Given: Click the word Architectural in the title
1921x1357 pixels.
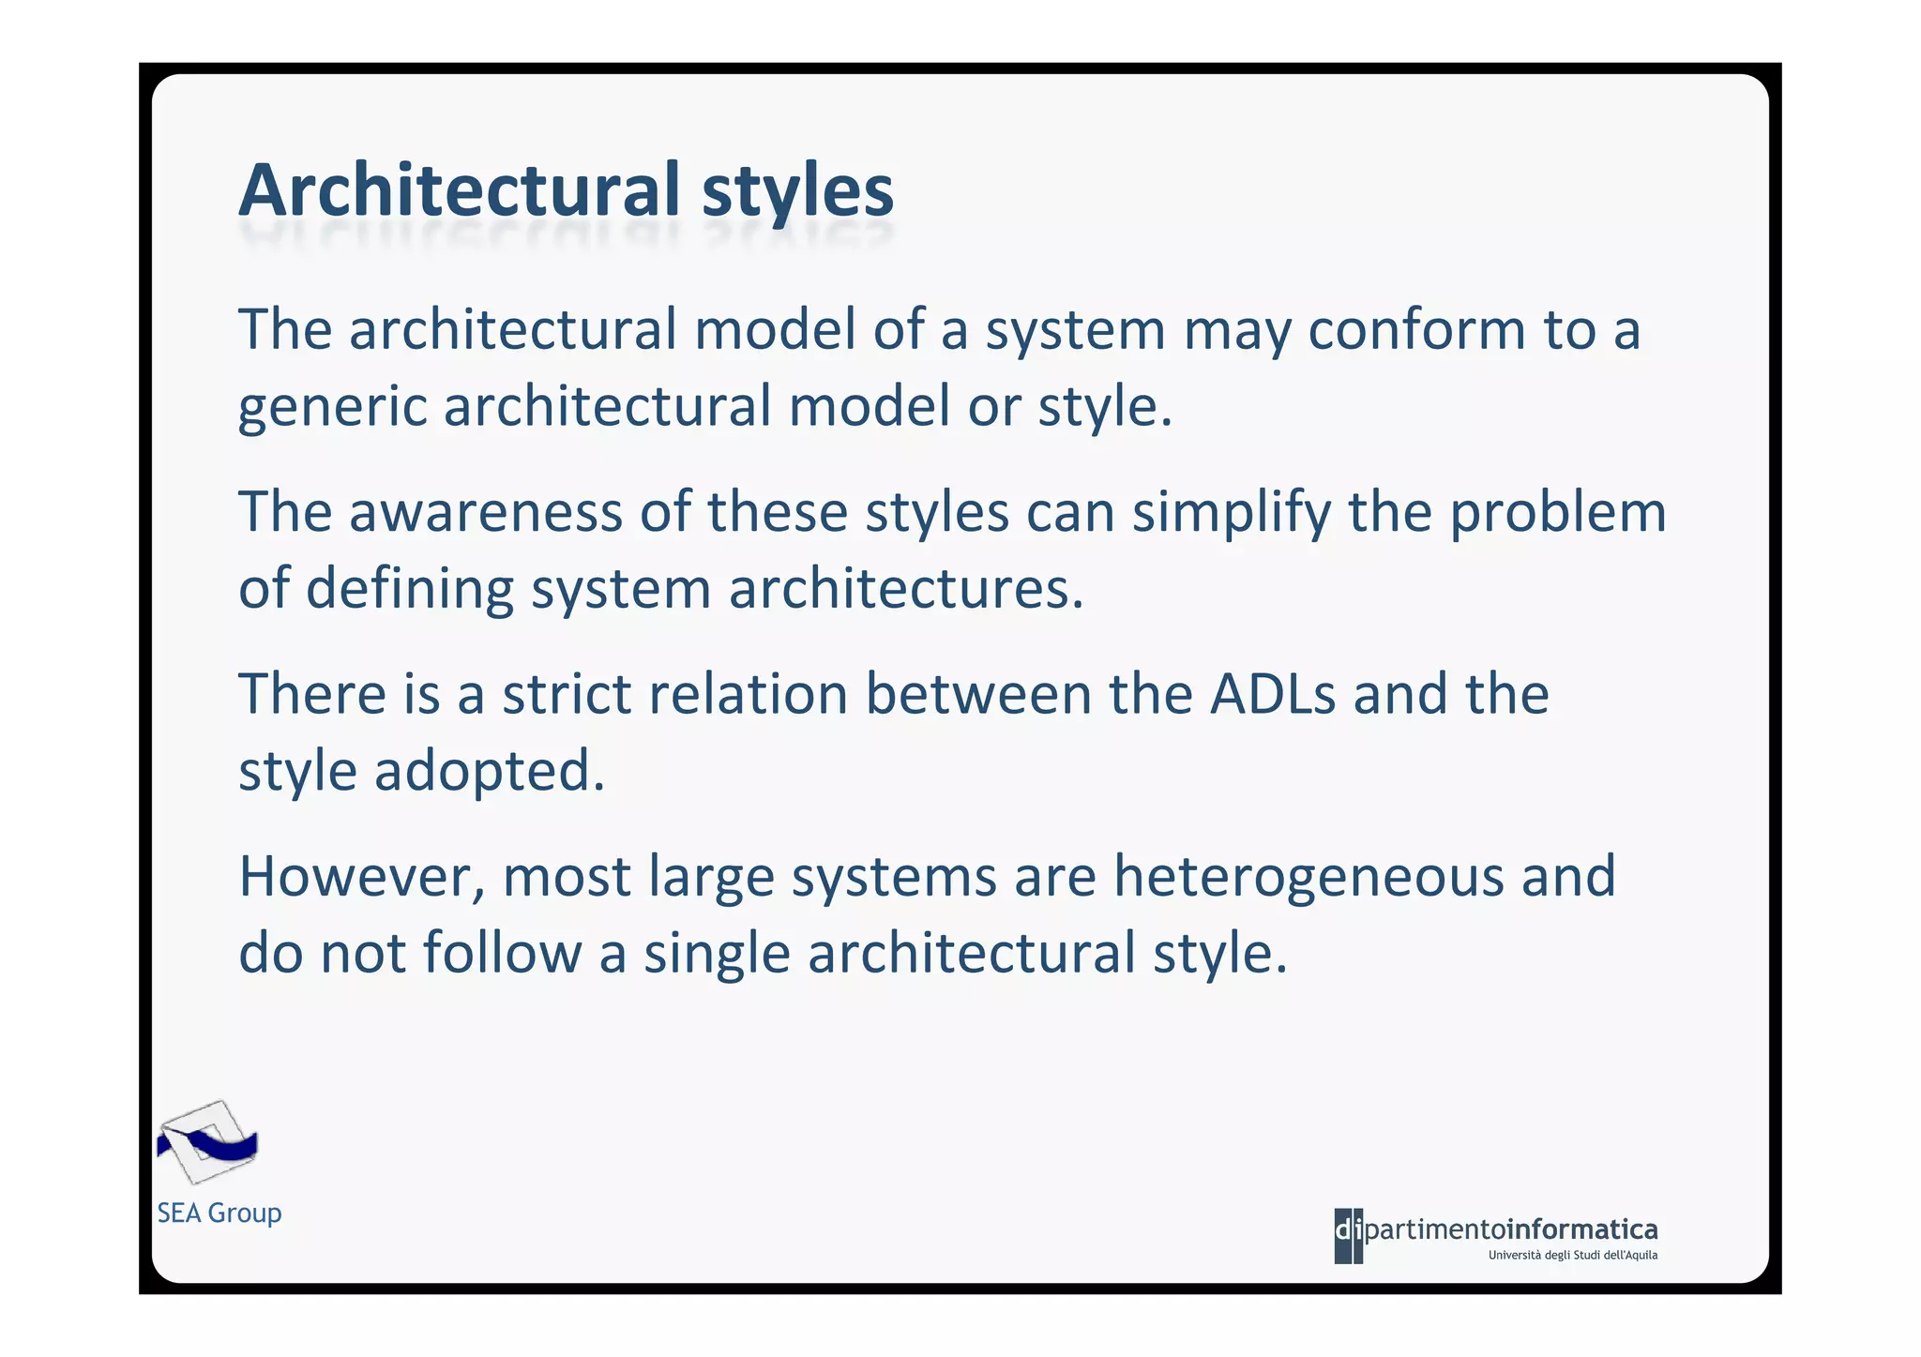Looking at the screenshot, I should click(x=458, y=190).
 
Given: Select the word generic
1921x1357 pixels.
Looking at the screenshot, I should click(x=332, y=408).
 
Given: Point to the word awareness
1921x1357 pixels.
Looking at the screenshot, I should click(x=486, y=512).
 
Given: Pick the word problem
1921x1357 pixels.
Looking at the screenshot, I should click(x=1557, y=514).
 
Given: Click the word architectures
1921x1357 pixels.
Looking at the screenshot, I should click(x=906, y=589).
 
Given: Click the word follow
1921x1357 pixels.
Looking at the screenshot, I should click(x=502, y=952).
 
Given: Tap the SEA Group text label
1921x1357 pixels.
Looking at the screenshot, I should click(x=219, y=1213).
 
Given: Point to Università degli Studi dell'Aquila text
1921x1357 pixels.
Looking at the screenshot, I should click(x=1573, y=1255).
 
